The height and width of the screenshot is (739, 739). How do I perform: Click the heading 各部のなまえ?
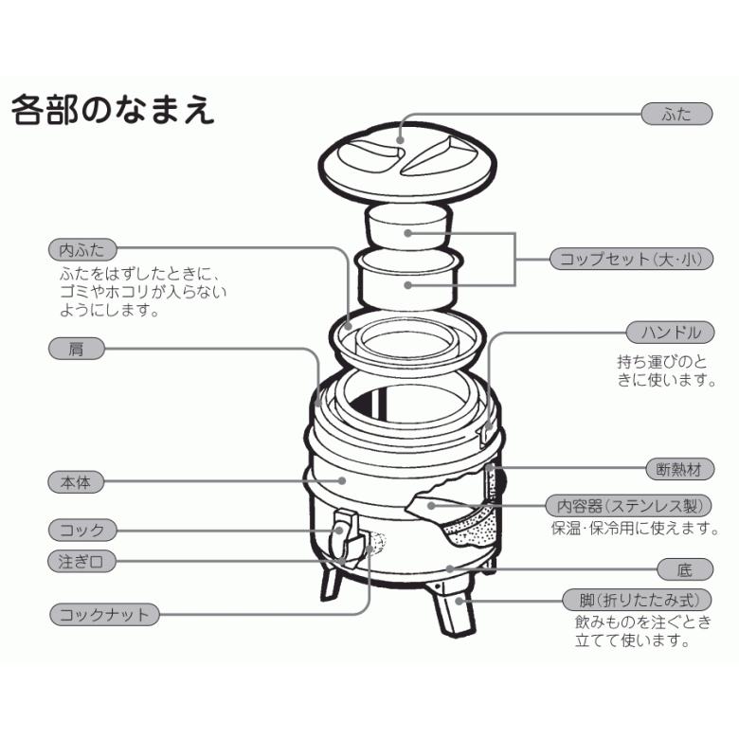(x=113, y=111)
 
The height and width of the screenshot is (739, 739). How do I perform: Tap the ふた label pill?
(x=677, y=114)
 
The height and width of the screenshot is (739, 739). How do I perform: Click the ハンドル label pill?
(x=670, y=332)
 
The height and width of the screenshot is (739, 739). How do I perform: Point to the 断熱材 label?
(x=679, y=469)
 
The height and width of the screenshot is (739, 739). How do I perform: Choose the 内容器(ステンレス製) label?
(x=630, y=507)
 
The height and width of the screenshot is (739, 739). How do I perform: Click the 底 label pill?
(x=685, y=569)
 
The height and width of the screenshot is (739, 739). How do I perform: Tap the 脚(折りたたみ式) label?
(x=644, y=600)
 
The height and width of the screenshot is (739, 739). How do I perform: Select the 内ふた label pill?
(x=82, y=250)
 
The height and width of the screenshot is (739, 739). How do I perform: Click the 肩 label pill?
(x=76, y=349)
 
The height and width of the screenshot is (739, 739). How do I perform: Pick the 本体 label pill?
(x=76, y=481)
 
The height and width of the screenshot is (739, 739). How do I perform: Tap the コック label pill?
(x=82, y=529)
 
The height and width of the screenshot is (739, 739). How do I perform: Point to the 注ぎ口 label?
(x=81, y=561)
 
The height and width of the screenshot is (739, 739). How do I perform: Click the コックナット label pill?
(x=104, y=615)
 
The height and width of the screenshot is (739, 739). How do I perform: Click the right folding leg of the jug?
(x=456, y=611)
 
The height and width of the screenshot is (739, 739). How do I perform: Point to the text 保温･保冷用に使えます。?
(x=632, y=529)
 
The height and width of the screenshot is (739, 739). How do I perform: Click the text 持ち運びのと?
(x=662, y=361)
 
